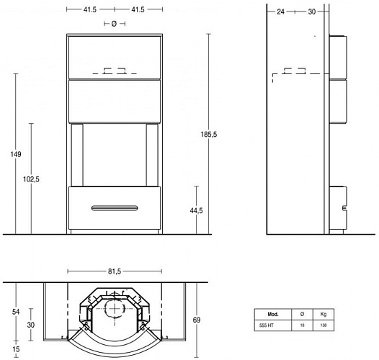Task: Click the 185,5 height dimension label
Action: tap(209, 135)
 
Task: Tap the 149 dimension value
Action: tap(16, 154)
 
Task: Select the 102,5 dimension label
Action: tap(31, 179)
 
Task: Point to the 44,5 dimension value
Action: tap(196, 211)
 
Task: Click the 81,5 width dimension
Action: tap(115, 271)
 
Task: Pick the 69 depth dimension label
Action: tap(197, 320)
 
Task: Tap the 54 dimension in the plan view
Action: tap(16, 312)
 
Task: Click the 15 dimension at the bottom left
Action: tap(16, 349)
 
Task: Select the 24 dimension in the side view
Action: tap(280, 12)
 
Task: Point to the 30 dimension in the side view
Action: tap(312, 12)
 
